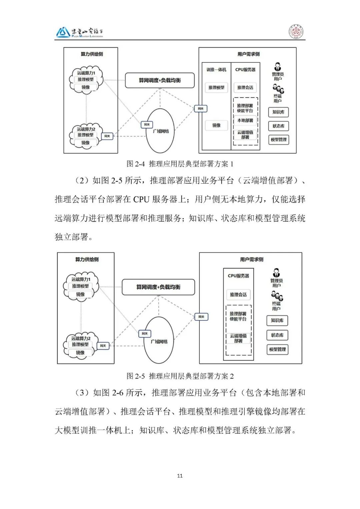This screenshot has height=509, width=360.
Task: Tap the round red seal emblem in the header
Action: point(296,32)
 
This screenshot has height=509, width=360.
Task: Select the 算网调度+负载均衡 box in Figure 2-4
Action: point(160,80)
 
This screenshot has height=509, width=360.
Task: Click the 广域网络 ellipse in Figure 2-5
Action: point(159,341)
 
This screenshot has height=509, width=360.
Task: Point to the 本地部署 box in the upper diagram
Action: point(245,120)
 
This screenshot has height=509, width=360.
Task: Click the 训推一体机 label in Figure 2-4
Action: point(216,70)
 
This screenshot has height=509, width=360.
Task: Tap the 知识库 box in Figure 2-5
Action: point(277,320)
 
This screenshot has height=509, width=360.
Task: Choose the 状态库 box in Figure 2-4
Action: point(278,126)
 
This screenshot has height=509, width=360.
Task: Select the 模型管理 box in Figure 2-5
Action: point(277,349)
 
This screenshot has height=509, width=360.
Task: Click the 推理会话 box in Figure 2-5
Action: point(238,294)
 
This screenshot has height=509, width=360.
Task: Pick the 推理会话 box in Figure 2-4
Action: point(245,87)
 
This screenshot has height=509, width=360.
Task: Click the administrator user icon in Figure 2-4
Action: point(277,66)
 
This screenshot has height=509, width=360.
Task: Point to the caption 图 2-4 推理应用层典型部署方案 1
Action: point(180,164)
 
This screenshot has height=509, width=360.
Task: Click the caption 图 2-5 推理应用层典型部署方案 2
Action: point(180,376)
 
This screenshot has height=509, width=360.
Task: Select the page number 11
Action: point(180,476)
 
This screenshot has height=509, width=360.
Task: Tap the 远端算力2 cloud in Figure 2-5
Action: point(80,345)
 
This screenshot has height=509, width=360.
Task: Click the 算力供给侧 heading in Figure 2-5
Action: point(87,259)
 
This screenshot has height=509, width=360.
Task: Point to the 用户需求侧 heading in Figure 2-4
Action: point(248,54)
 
